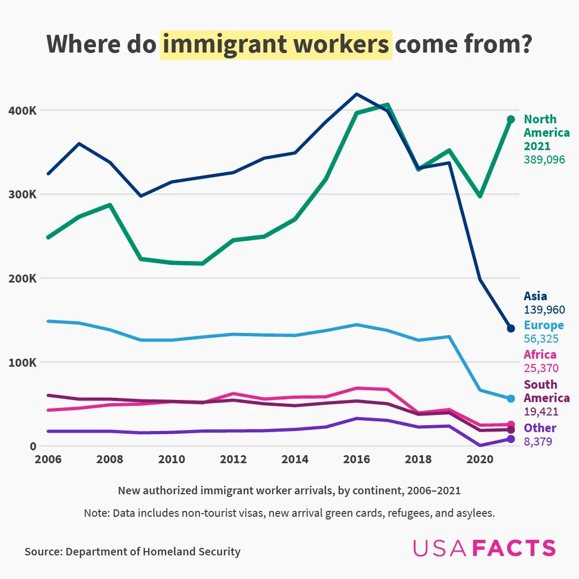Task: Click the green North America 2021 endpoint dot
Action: coord(511,119)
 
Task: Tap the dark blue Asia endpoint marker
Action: coord(511,328)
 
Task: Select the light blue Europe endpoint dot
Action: coord(511,398)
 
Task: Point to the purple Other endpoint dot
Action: coord(511,439)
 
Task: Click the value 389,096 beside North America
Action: coord(544,159)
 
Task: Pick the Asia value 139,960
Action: coord(544,310)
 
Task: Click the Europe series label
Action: coord(544,325)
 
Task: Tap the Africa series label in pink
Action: coord(540,354)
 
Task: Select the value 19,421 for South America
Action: coord(541,412)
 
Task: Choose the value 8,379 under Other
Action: coord(538,442)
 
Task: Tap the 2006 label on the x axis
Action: coord(48,459)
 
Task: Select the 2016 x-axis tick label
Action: coord(357,459)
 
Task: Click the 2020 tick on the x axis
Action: coord(480,459)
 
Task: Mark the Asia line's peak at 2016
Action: coord(357,94)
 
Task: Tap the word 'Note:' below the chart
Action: coord(96,513)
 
